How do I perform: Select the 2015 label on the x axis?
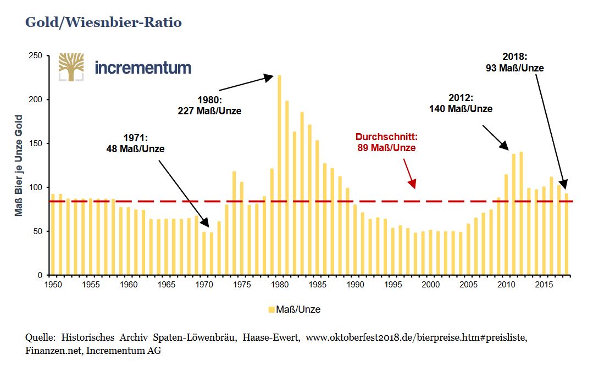[544, 285]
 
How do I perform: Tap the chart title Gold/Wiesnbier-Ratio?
[103, 23]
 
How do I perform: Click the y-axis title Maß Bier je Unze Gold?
[19, 165]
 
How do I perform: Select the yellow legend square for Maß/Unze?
[271, 309]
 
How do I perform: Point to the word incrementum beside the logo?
[143, 68]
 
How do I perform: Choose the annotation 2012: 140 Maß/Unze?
[461, 103]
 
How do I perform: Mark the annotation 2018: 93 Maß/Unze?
[514, 62]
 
